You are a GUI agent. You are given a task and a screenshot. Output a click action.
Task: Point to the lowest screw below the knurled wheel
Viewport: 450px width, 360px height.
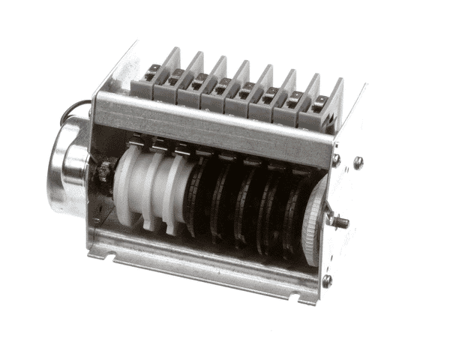(x=326, y=280)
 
